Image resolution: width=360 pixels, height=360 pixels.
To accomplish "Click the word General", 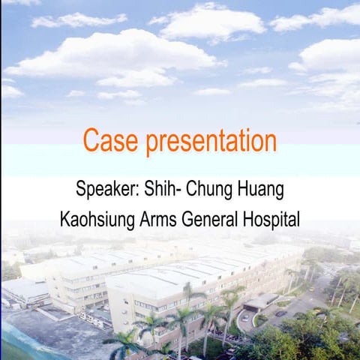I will point(216,220).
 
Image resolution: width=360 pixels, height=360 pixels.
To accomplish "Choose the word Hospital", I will point(272,220).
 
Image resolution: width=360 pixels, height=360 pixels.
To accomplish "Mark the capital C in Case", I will point(91,141).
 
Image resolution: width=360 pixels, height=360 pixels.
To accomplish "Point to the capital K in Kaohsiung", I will point(65,220).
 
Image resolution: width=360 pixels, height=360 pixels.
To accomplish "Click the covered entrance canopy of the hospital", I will point(260,301).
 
